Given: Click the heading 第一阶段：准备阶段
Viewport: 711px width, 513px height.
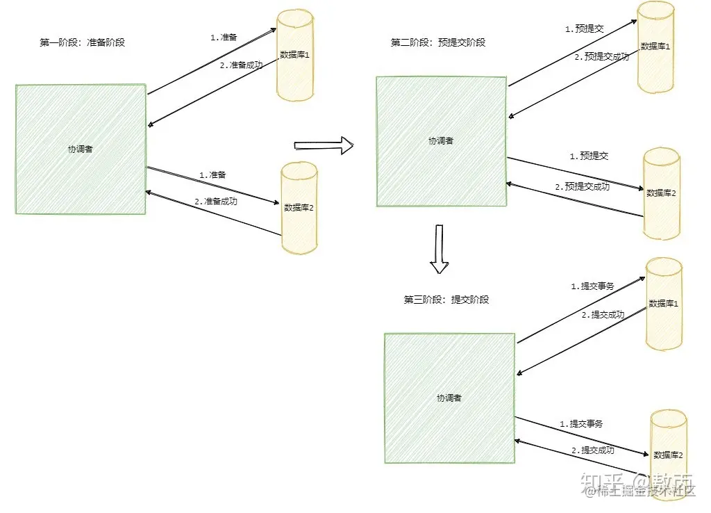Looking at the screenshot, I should coord(82,42).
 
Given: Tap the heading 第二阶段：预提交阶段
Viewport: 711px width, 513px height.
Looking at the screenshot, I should coord(438,42).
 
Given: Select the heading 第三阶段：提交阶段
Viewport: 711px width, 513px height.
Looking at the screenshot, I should coord(446,300).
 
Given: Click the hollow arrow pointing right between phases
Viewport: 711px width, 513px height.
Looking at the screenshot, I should coord(324,145).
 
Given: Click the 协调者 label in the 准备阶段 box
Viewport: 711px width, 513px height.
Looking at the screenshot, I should coord(80,149).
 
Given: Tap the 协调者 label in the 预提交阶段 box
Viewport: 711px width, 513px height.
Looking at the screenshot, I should coord(441,140).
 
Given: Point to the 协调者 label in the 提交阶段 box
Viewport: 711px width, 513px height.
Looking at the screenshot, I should coord(449,398).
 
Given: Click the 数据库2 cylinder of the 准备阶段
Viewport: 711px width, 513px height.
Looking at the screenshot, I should coord(299,207).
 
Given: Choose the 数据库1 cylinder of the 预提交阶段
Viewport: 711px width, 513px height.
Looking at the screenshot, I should coord(656,47).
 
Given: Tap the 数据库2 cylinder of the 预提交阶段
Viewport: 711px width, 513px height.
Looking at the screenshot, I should coord(662,193).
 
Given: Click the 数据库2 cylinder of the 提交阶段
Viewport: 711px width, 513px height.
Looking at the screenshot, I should coord(669,455).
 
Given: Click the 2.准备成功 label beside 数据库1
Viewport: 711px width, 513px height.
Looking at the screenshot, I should coord(242,65).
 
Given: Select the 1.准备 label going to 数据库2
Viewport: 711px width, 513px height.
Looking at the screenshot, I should coord(212,175).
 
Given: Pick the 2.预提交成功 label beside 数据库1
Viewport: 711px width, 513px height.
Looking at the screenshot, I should coord(601,56).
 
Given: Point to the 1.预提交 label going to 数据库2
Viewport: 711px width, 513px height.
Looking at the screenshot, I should coord(589,156).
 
